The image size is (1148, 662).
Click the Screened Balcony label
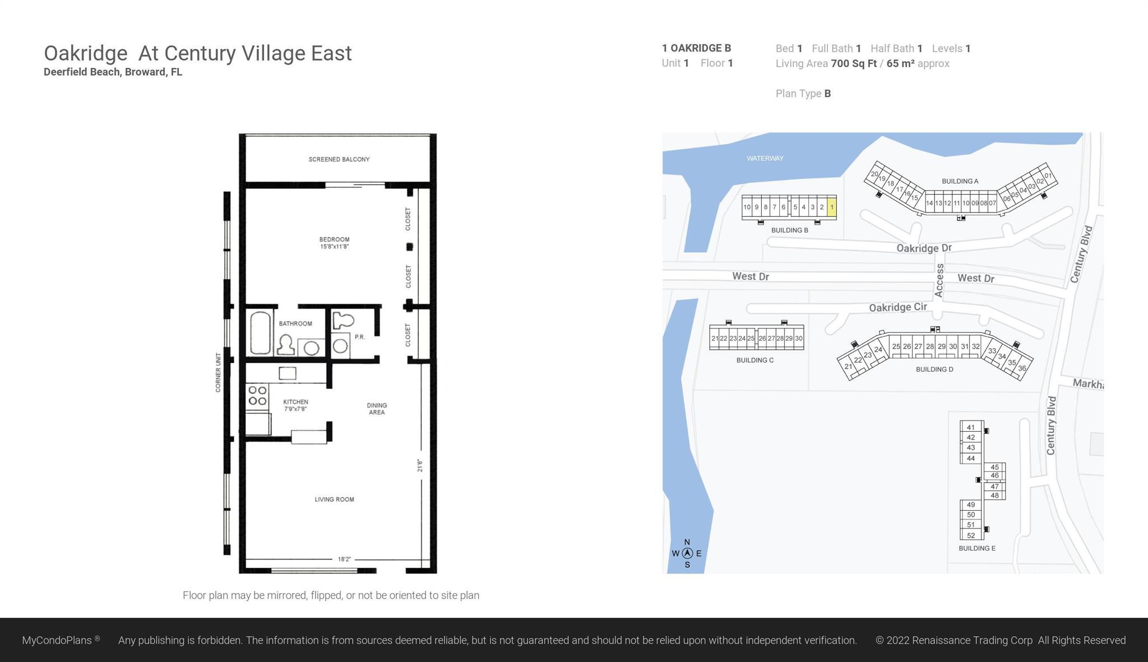coord(339,159)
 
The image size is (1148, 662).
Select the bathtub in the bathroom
coord(260,333)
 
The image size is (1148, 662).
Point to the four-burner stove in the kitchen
coord(257,395)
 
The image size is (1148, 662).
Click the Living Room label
coord(334,499)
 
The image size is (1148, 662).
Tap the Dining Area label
coord(377,409)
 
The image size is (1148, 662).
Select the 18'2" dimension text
coord(344,559)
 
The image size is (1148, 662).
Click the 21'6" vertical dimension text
coord(420,465)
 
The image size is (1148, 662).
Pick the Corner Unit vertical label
coord(218,372)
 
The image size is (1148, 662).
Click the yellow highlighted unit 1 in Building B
coord(832,207)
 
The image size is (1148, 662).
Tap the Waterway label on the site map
coord(765,158)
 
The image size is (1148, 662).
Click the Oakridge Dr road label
coord(924,248)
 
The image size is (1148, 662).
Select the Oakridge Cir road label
coord(897,307)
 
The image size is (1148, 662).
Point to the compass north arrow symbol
coord(687,553)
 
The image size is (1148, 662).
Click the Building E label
coord(977,548)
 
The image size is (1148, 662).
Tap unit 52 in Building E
coord(971,535)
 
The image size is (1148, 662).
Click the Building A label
coord(960,181)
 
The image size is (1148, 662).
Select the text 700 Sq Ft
coord(854,63)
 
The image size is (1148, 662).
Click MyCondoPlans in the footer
coord(57,640)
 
